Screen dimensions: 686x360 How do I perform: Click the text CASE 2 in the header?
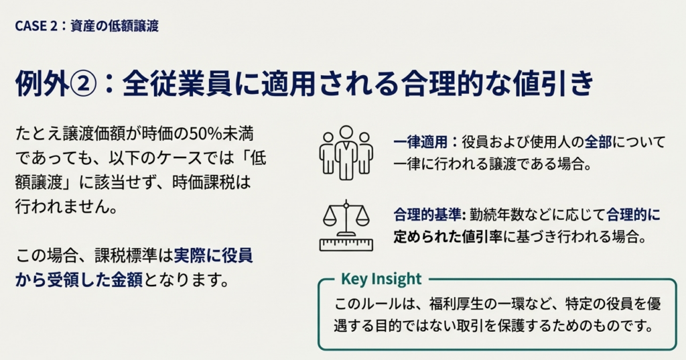pos(36,26)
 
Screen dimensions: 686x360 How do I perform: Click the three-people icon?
pos(346,153)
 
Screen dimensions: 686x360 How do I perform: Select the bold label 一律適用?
pos(420,142)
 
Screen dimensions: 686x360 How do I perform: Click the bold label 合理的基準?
pos(427,215)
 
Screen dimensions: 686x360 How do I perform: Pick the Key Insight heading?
pos(381,278)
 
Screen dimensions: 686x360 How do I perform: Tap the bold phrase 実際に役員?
pos(213,256)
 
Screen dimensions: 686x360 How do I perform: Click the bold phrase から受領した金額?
pos(79,280)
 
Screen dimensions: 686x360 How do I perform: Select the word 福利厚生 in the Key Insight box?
pos(456,304)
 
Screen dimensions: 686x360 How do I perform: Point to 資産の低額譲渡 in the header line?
pos(115,26)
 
